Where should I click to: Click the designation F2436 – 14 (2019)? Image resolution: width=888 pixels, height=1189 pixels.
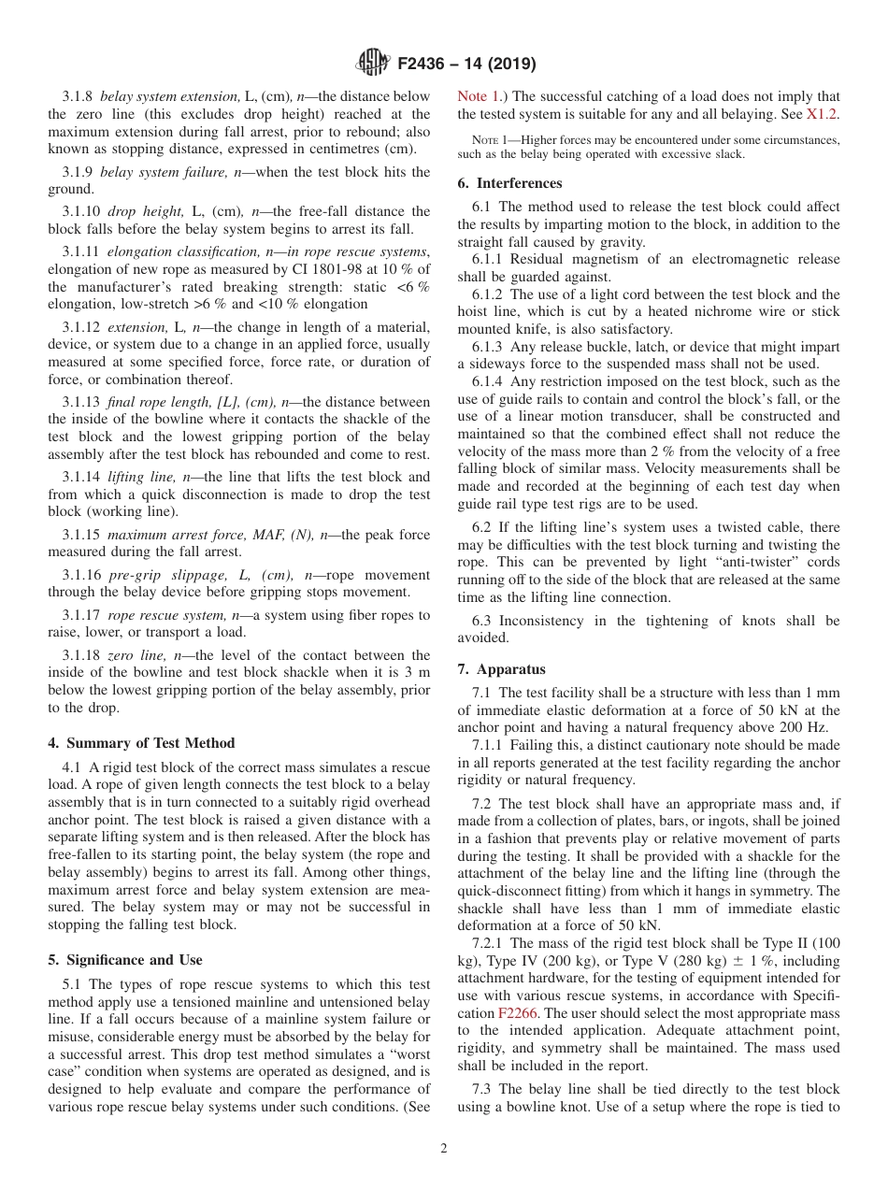tap(465, 64)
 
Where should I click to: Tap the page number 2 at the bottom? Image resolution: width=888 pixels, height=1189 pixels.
tap(443, 1149)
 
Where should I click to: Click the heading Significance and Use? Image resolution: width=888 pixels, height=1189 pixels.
tap(125, 960)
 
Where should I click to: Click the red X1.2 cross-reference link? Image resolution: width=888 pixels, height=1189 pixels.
tap(822, 114)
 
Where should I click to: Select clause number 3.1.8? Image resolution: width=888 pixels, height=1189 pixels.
tap(78, 96)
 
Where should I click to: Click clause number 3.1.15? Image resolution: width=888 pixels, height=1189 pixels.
tap(81, 536)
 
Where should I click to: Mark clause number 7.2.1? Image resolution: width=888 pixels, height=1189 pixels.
tap(492, 943)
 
